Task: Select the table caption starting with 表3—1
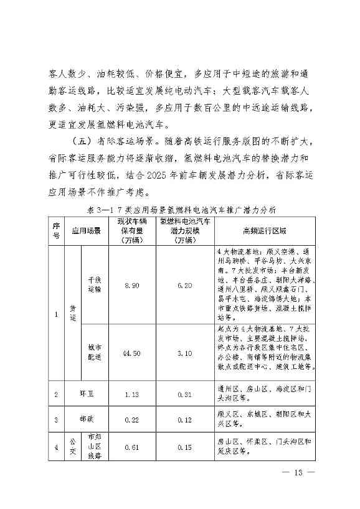(x=180, y=209)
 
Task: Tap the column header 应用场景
(x=86, y=230)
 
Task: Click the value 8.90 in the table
(x=131, y=285)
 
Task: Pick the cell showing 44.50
(x=131, y=353)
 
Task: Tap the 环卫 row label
(x=86, y=394)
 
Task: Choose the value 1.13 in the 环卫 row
(x=131, y=394)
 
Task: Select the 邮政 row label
(x=86, y=419)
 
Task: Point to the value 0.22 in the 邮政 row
(x=131, y=419)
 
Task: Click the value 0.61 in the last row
(x=131, y=446)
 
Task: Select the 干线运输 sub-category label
(x=95, y=285)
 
